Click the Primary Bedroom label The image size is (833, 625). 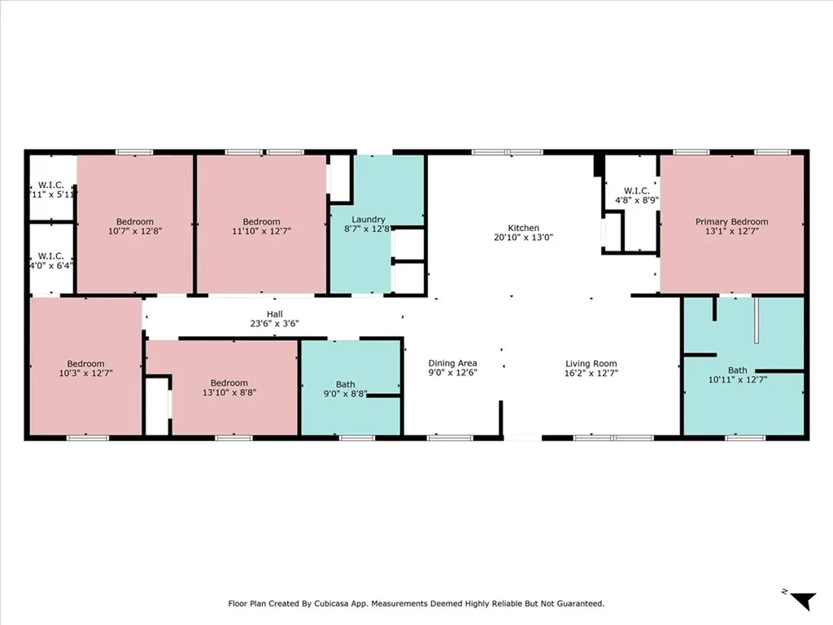pos(731,221)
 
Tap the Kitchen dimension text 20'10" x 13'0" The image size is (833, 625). pos(523,238)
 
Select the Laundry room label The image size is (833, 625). pos(368,220)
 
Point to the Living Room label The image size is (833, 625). pos(591,364)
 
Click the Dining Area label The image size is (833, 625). pos(452,364)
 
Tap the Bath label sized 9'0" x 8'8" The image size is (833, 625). pos(345,385)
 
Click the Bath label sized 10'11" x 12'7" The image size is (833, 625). pos(738,370)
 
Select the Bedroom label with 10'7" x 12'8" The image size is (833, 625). pos(134,222)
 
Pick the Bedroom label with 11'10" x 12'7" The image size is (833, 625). pos(261,222)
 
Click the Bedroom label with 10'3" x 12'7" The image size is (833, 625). pos(85,364)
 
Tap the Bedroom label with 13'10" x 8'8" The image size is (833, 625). pos(229,383)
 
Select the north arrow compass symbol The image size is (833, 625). pos(803,601)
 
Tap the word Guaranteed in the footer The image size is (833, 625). pos(578,604)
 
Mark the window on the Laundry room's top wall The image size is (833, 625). pos(374,152)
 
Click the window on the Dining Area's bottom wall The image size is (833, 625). pos(450,438)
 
